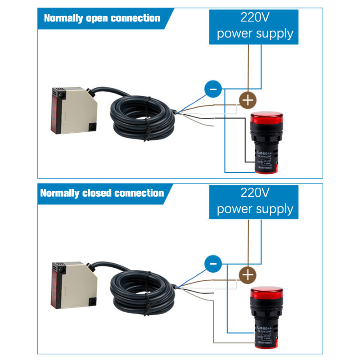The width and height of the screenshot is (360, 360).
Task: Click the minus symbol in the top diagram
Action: (213, 89)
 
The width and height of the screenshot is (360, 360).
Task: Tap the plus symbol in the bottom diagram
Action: (247, 274)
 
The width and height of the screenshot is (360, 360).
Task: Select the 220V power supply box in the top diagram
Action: (254, 27)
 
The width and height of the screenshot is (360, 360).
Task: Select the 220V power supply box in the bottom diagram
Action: (254, 202)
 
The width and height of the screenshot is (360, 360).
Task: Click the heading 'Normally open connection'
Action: (102, 18)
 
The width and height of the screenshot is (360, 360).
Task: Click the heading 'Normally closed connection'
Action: (102, 193)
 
